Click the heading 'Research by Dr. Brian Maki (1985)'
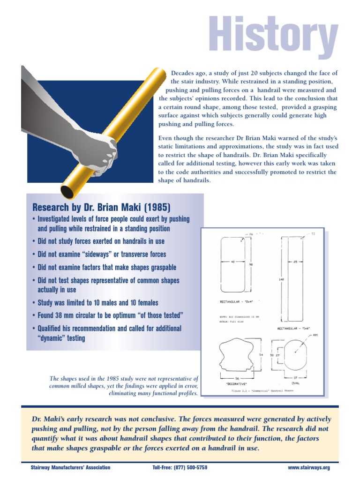(101, 207)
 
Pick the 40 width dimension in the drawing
(232, 262)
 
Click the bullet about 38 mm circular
(110, 315)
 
